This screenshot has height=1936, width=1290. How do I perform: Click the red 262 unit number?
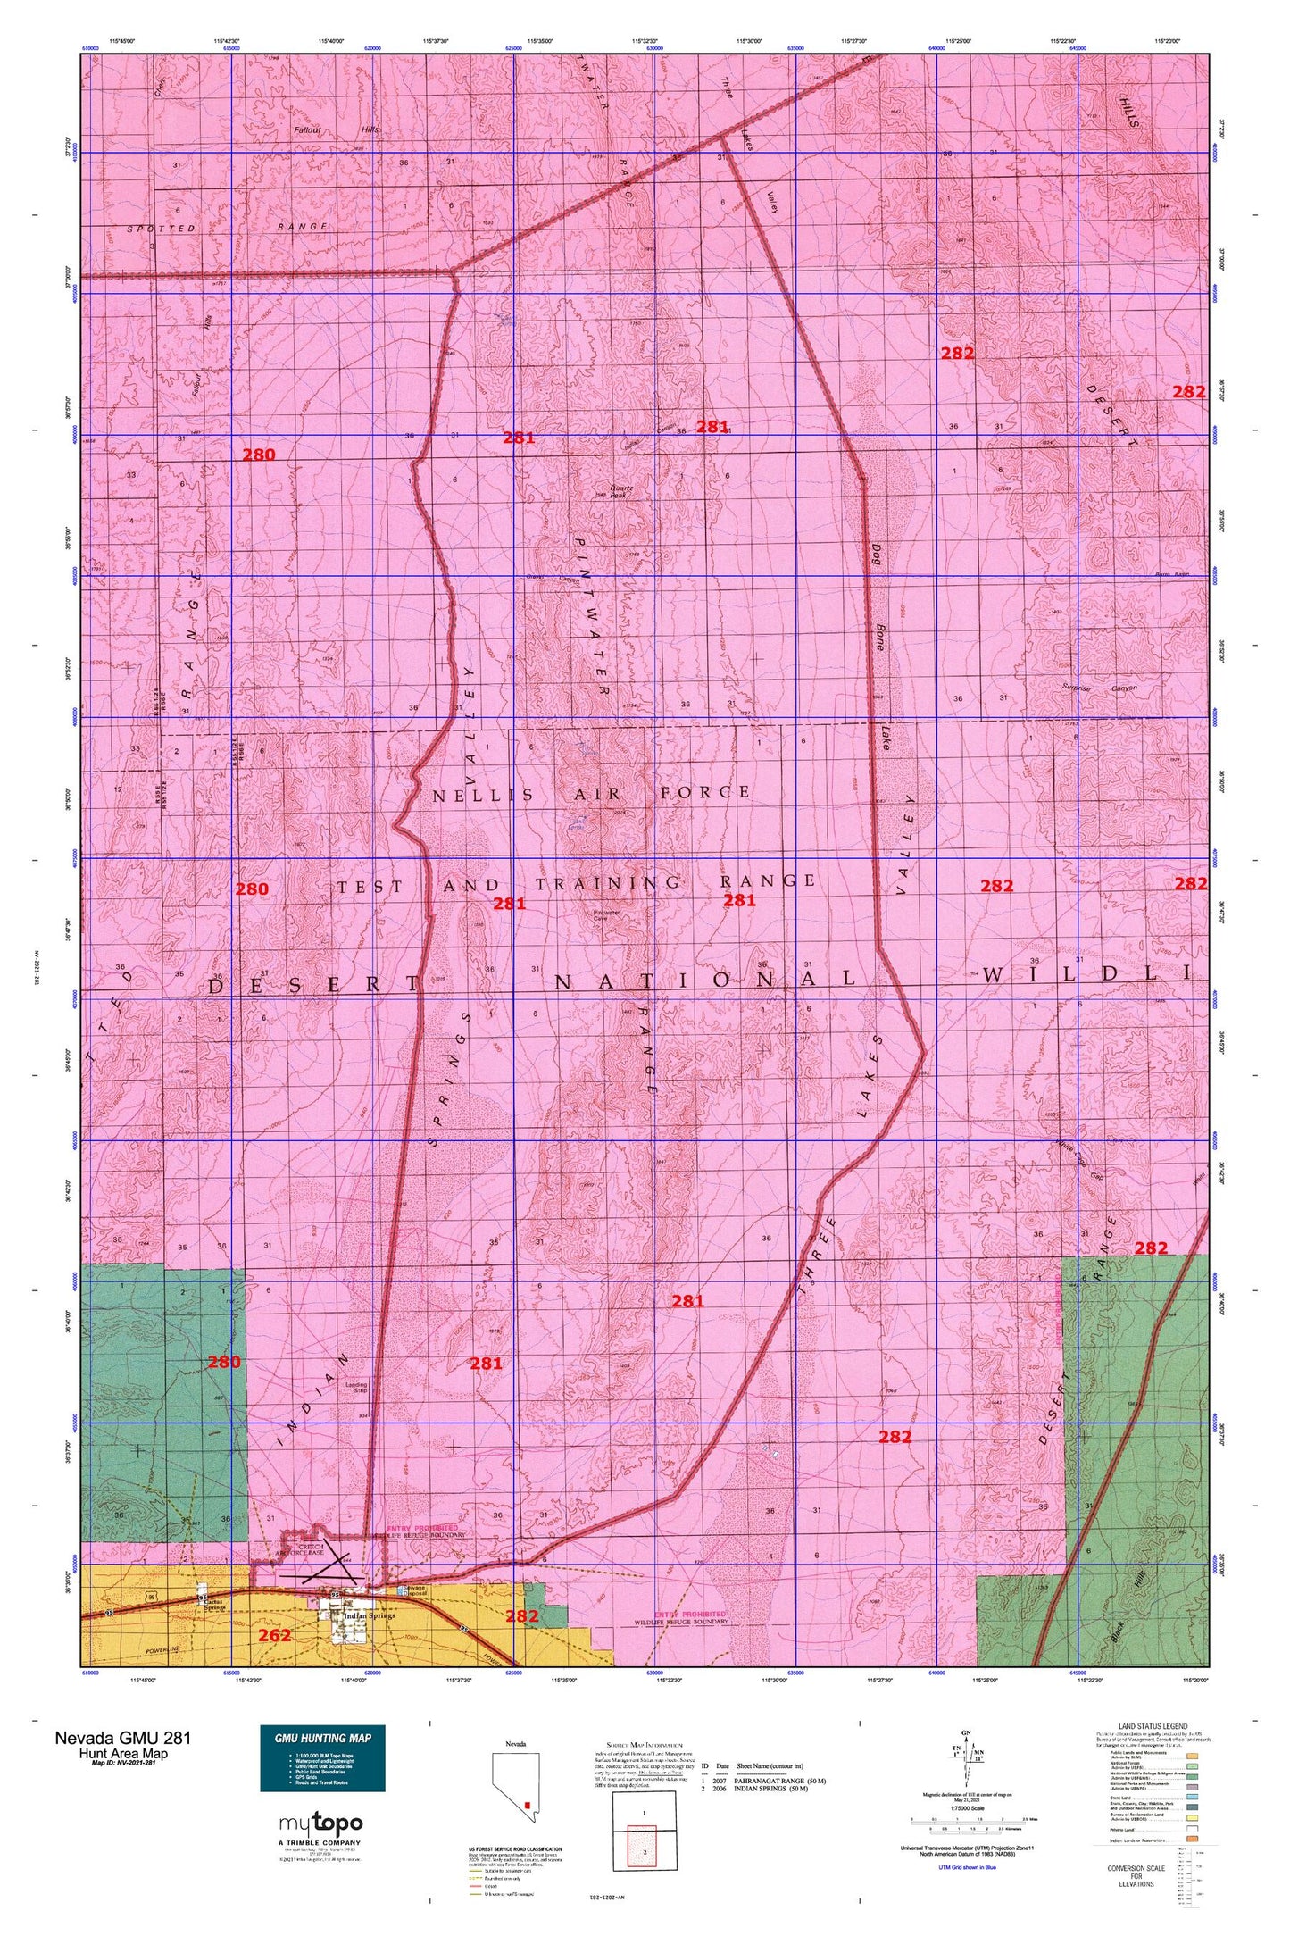click(274, 1635)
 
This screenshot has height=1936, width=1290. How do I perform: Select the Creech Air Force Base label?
click(312, 1549)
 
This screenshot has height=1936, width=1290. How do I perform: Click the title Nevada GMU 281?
click(122, 1738)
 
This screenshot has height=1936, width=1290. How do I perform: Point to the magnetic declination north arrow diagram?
click(966, 1757)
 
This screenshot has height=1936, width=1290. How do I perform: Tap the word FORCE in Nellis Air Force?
click(705, 792)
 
